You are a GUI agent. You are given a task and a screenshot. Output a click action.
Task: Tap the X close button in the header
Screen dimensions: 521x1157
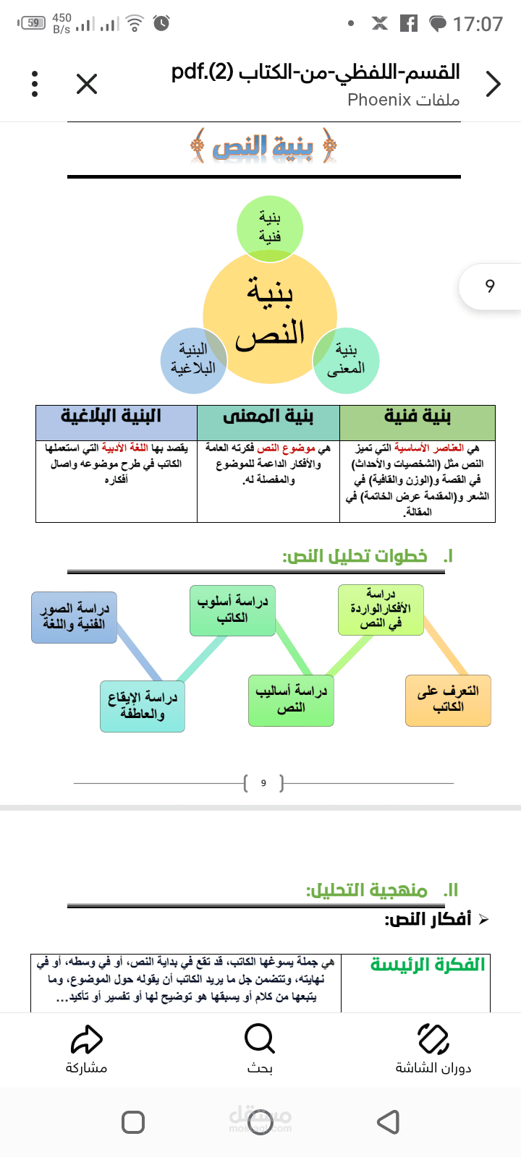coord(87,84)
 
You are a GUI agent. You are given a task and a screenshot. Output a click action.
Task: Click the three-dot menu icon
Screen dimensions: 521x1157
coord(35,84)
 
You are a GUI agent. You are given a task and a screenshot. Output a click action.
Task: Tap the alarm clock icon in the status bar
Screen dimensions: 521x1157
coord(162,23)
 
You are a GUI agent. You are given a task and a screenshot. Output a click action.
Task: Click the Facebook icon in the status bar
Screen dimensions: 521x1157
coord(409,23)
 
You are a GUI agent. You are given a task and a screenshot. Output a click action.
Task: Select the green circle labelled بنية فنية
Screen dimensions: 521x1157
coord(270,228)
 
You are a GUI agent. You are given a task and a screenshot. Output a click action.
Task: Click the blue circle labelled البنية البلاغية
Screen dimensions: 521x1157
coord(193,360)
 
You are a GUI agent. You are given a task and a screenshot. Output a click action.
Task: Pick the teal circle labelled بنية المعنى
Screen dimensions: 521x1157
coord(346,360)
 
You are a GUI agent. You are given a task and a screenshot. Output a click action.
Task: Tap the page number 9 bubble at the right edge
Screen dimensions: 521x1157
coord(490,286)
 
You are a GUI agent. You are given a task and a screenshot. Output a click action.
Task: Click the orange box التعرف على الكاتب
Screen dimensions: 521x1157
coord(448,701)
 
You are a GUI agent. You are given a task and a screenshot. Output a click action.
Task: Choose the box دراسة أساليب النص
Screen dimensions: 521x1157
coord(291,701)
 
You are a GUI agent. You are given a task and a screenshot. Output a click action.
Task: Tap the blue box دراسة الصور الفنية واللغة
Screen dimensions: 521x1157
coord(74,618)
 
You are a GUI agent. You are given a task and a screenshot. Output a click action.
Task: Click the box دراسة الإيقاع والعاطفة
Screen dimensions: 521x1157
coord(142,706)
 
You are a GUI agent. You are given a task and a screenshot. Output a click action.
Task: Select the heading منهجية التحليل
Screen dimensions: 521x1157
coord(366,890)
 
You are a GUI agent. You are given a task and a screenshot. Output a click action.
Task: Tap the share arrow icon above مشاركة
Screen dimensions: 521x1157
coord(86,1038)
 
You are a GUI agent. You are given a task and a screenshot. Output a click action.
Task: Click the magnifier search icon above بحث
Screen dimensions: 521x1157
coord(260,1038)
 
